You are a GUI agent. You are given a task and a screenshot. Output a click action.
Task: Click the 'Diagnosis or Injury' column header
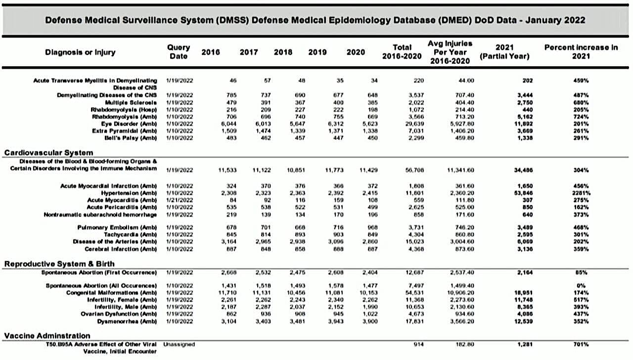tap(80, 52)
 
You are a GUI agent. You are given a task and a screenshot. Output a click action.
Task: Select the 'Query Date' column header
tap(179, 52)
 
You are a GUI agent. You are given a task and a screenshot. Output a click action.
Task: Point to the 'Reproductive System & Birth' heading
tap(56, 264)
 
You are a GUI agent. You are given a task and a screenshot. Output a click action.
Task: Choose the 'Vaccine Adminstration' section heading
tap(47, 336)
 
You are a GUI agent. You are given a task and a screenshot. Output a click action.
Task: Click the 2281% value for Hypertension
tap(581, 192)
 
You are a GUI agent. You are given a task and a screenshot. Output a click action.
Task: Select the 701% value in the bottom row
tap(581, 344)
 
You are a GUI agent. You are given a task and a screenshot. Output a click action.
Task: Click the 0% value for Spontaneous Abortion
tap(581, 285)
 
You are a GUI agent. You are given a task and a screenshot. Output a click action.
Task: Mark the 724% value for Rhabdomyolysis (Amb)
tap(581, 116)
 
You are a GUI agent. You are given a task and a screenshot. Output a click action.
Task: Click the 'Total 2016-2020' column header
tap(402, 52)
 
